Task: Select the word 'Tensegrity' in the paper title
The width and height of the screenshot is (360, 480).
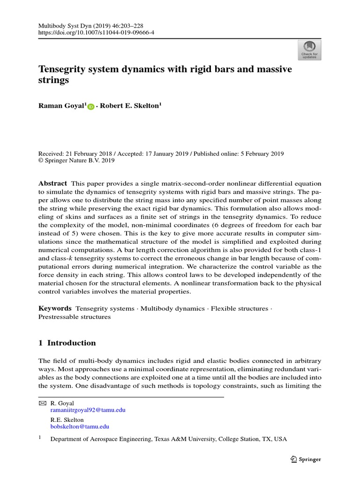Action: point(60,69)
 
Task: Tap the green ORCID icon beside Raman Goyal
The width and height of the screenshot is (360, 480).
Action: point(91,107)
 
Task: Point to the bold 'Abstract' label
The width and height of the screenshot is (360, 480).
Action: point(52,183)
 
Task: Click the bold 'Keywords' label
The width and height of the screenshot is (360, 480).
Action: point(55,308)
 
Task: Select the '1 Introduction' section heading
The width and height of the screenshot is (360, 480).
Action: point(67,343)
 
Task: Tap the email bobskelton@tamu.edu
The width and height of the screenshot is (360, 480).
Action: point(80,427)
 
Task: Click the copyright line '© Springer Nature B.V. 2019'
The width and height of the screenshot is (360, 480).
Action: point(76,160)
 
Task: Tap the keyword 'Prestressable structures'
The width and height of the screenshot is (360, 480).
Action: point(74,316)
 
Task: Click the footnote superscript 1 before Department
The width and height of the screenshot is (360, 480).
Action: point(39,438)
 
